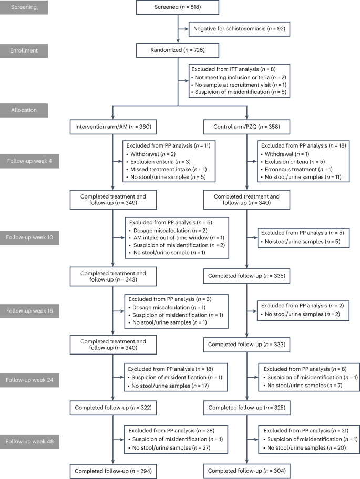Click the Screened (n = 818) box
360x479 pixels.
click(x=180, y=9)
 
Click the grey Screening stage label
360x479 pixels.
click(x=34, y=9)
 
